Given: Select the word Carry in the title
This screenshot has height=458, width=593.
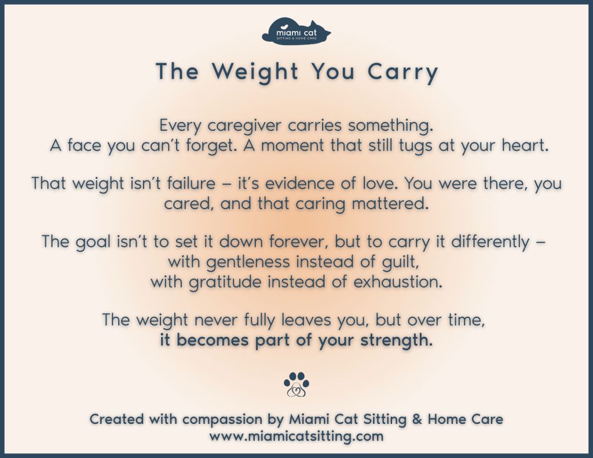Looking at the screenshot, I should tap(402, 72).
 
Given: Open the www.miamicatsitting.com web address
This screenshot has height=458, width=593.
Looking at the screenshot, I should tap(296, 436).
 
